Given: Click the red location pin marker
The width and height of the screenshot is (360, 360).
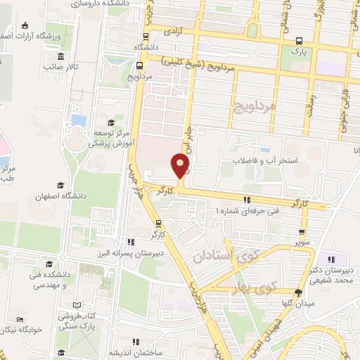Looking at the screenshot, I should (x=181, y=167).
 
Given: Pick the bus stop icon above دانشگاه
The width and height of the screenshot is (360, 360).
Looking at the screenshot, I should (x=146, y=37).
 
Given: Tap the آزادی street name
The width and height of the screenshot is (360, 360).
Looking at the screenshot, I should (x=173, y=32).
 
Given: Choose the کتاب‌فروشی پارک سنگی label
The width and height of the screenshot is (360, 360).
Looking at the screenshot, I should (x=64, y=311).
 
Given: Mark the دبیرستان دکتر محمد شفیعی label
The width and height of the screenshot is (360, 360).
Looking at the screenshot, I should (x=331, y=275).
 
